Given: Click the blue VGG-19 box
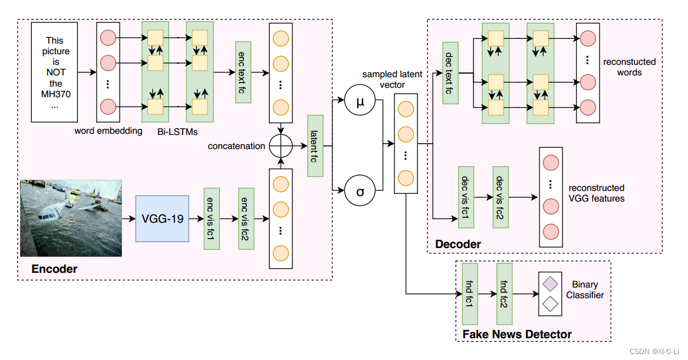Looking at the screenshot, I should click(162, 219).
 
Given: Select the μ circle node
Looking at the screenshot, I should click(360, 101).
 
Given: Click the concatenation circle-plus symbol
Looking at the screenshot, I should click(280, 146).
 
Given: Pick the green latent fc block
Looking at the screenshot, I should click(316, 146).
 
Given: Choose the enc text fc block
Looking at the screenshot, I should click(243, 72).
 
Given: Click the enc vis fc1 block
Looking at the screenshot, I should click(211, 219).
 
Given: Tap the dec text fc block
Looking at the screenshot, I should click(450, 73).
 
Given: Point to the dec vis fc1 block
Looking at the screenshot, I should click(466, 197).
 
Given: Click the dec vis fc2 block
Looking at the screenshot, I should click(501, 197).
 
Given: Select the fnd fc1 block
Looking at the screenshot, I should click(470, 293).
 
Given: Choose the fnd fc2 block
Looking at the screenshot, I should click(505, 293).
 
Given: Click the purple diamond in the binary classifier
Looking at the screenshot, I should click(551, 284).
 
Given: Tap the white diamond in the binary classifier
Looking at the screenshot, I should click(551, 304).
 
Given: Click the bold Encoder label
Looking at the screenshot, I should click(54, 269).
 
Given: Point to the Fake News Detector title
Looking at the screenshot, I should click(516, 334).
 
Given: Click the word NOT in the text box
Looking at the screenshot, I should click(54, 72).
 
